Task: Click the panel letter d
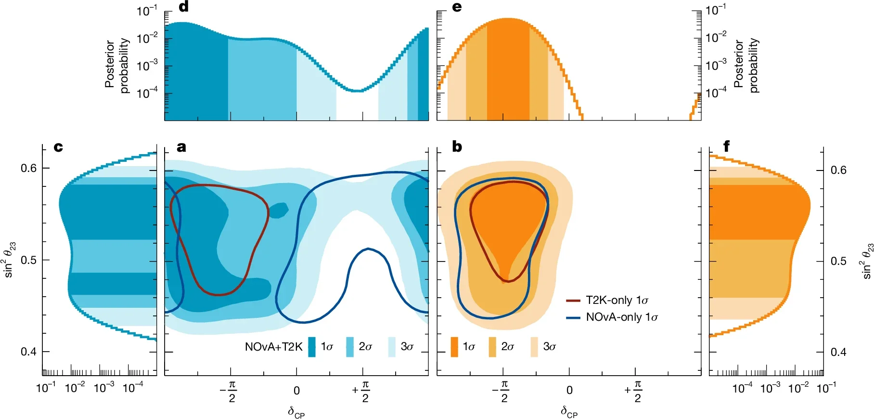[x=183, y=7]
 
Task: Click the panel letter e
[x=457, y=7]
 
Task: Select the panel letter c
[x=58, y=147]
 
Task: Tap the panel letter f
[x=726, y=146]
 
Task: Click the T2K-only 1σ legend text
[x=617, y=301]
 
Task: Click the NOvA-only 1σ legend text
[x=621, y=317]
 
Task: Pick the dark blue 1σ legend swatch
[x=312, y=347]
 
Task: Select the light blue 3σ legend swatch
[x=392, y=347]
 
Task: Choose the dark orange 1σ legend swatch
[x=454, y=347]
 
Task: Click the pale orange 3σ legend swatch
[x=534, y=347]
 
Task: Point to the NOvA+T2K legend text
[x=273, y=347]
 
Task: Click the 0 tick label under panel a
[x=296, y=391]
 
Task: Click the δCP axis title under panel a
[x=296, y=412]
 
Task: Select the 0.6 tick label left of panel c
[x=28, y=168]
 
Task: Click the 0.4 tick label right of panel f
[x=838, y=352]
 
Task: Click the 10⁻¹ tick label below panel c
[x=46, y=388]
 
